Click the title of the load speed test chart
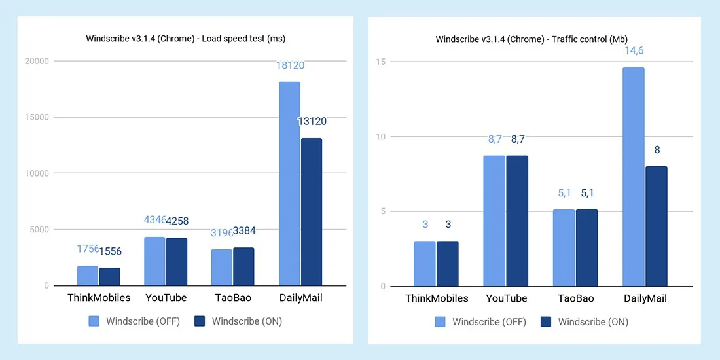pyautogui.click(x=185, y=39)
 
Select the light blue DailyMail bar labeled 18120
pyautogui.click(x=289, y=184)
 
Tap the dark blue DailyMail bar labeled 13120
pyautogui.click(x=311, y=212)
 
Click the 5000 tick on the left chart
pyautogui.click(x=39, y=230)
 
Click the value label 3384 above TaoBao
pyautogui.click(x=244, y=231)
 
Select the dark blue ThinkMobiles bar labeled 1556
pyautogui.click(x=110, y=277)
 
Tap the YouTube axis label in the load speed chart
pyautogui.click(x=166, y=298)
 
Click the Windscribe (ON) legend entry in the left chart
pyautogui.click(x=238, y=321)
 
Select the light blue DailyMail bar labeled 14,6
pyautogui.click(x=633, y=177)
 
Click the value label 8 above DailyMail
pyautogui.click(x=657, y=150)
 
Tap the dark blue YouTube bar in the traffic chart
pyautogui.click(x=517, y=221)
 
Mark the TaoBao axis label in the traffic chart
pyautogui.click(x=575, y=298)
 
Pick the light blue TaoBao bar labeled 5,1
pyautogui.click(x=564, y=247)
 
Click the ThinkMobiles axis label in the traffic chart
pyautogui.click(x=437, y=298)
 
